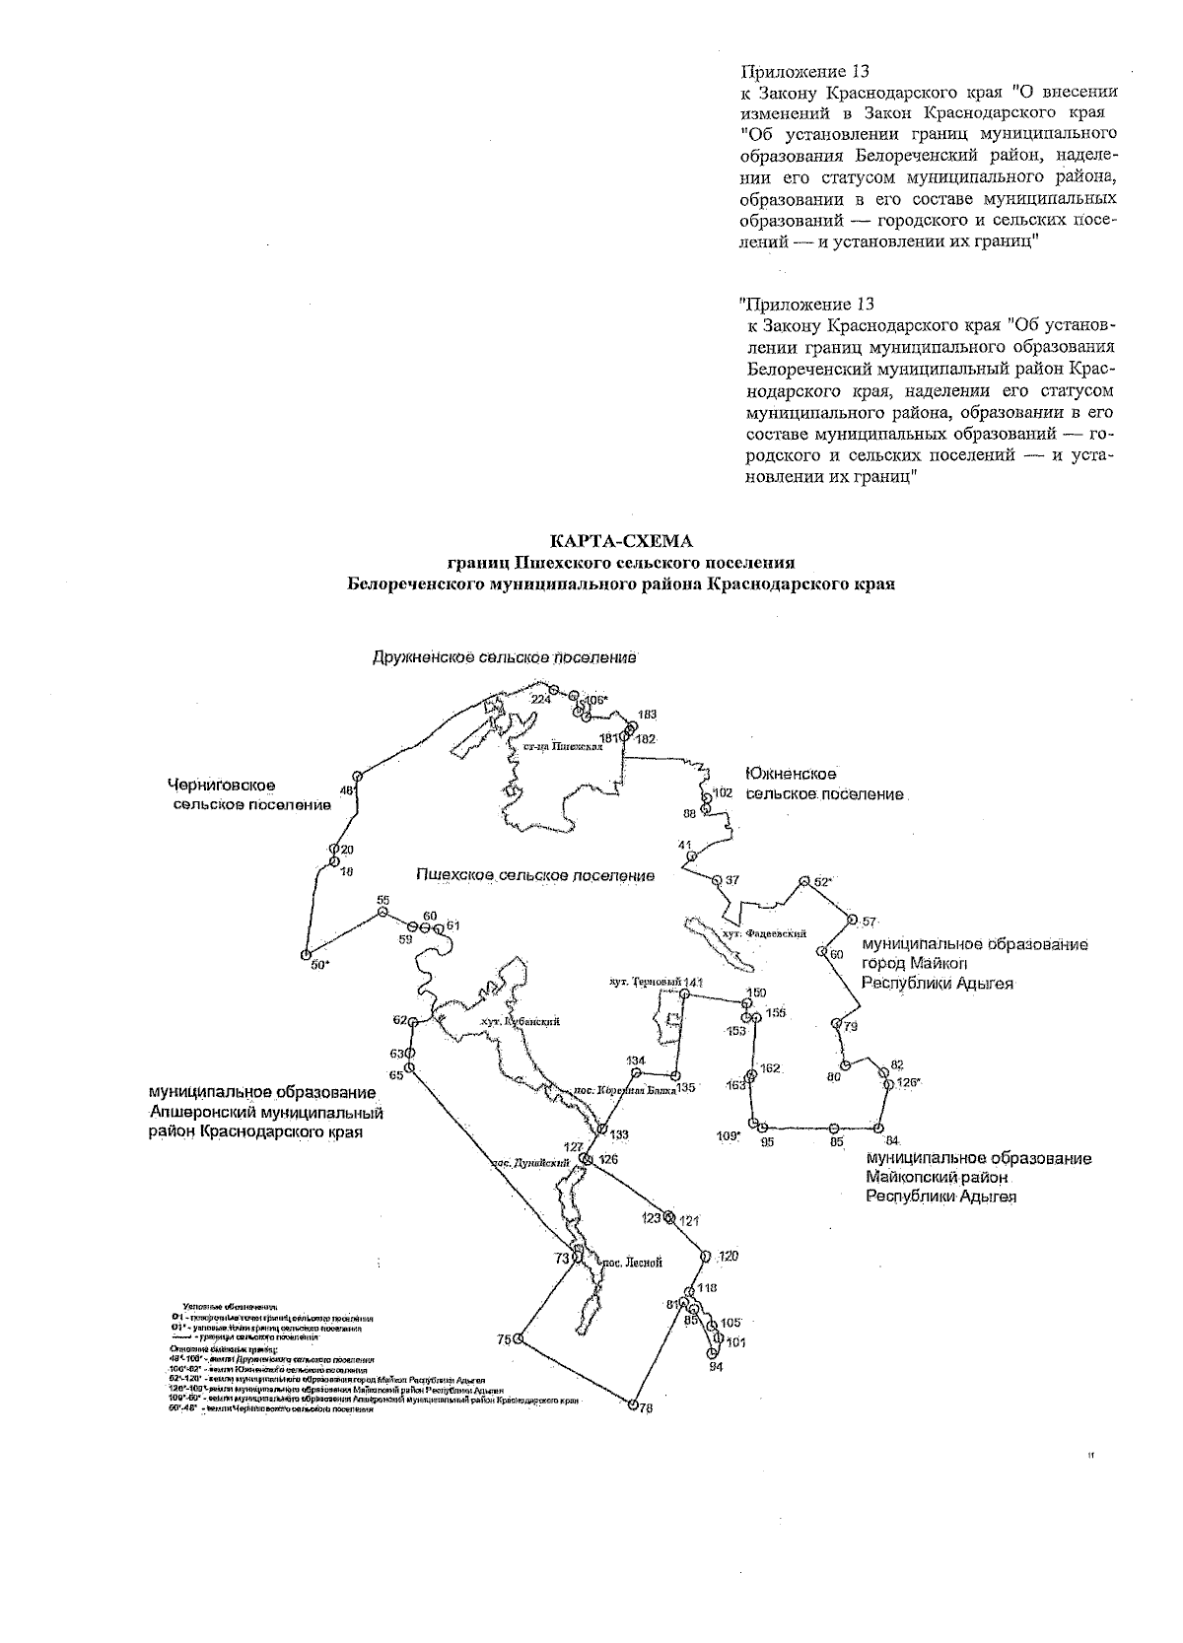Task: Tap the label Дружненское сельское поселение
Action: click(x=505, y=657)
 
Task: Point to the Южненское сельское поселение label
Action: click(x=824, y=785)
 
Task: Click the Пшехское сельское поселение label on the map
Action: click(x=535, y=875)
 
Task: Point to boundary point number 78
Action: click(x=633, y=1405)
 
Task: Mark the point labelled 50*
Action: click(x=306, y=955)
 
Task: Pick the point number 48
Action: click(x=358, y=777)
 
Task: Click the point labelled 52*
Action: click(x=803, y=881)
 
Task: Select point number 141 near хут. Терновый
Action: click(x=684, y=994)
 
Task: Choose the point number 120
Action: click(x=705, y=1257)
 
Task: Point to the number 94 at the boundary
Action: click(x=713, y=1355)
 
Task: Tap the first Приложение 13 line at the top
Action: click(x=804, y=71)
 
